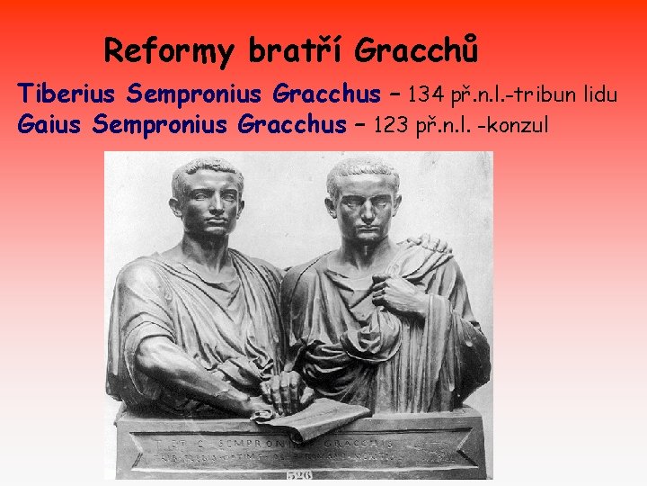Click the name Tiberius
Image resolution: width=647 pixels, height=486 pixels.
coord(69,94)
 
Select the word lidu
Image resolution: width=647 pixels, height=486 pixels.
coord(596,94)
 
